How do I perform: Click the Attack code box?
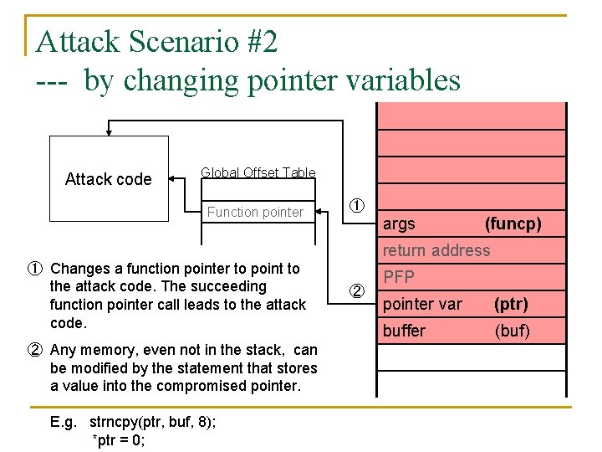(109, 178)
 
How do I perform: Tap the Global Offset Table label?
(258, 172)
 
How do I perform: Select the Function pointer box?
(255, 212)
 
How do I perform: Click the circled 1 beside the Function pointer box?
(356, 206)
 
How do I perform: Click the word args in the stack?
(399, 223)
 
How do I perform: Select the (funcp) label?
(513, 223)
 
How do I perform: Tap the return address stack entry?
(436, 250)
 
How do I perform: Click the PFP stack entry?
(399, 277)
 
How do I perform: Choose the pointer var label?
(422, 304)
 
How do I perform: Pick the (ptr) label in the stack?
(511, 304)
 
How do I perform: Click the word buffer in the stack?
(404, 331)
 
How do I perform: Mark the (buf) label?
(512, 331)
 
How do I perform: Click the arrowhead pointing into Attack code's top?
(109, 131)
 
